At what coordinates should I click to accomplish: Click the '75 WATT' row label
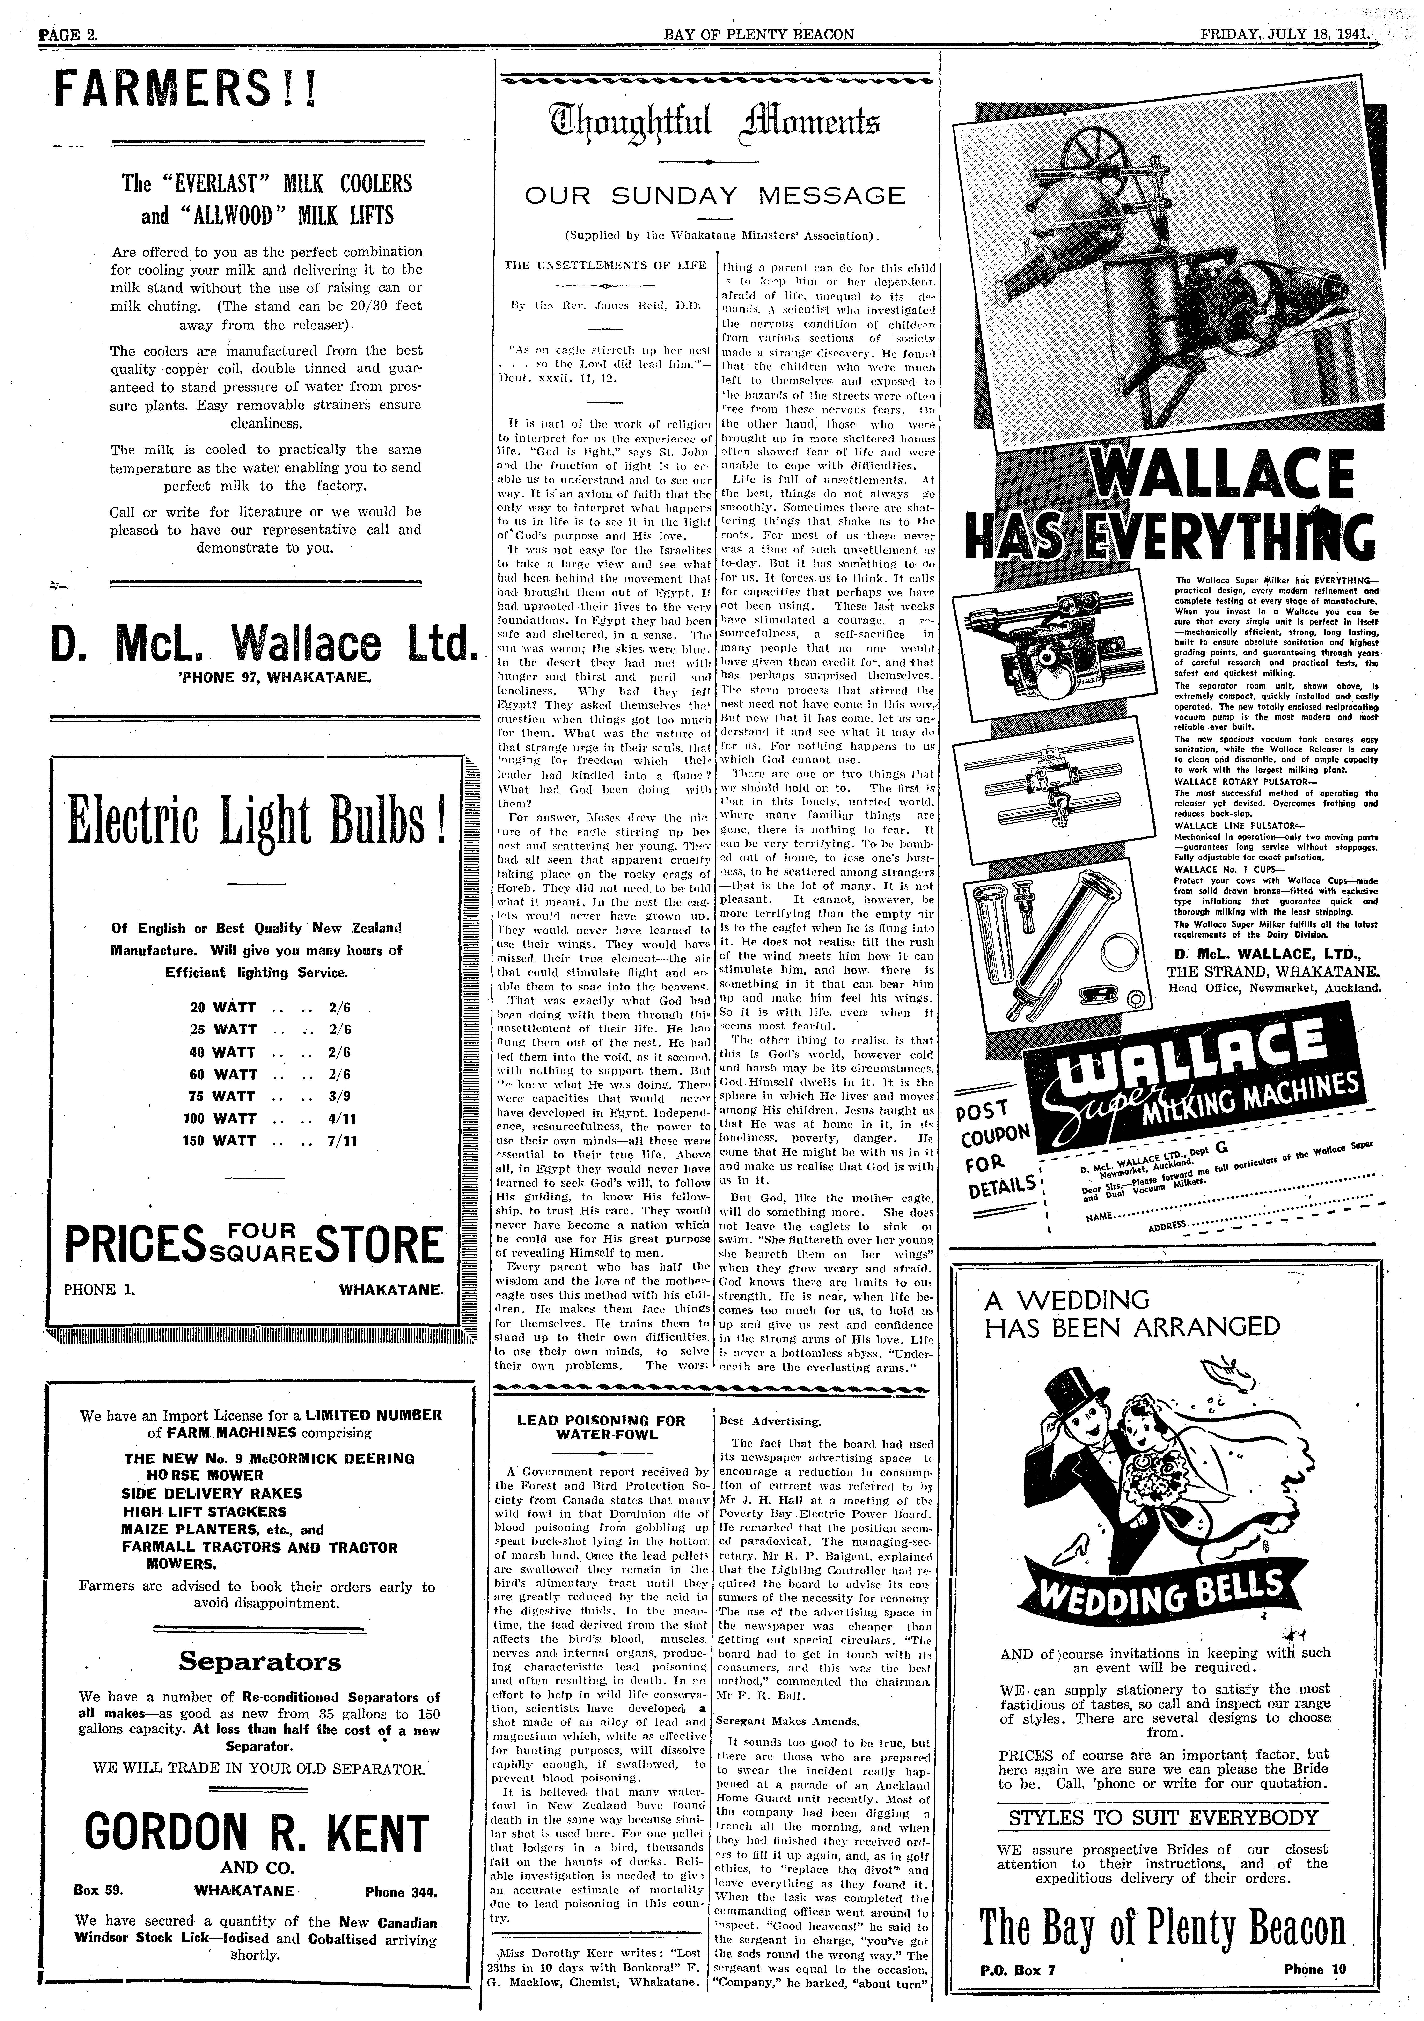pos(223,1097)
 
